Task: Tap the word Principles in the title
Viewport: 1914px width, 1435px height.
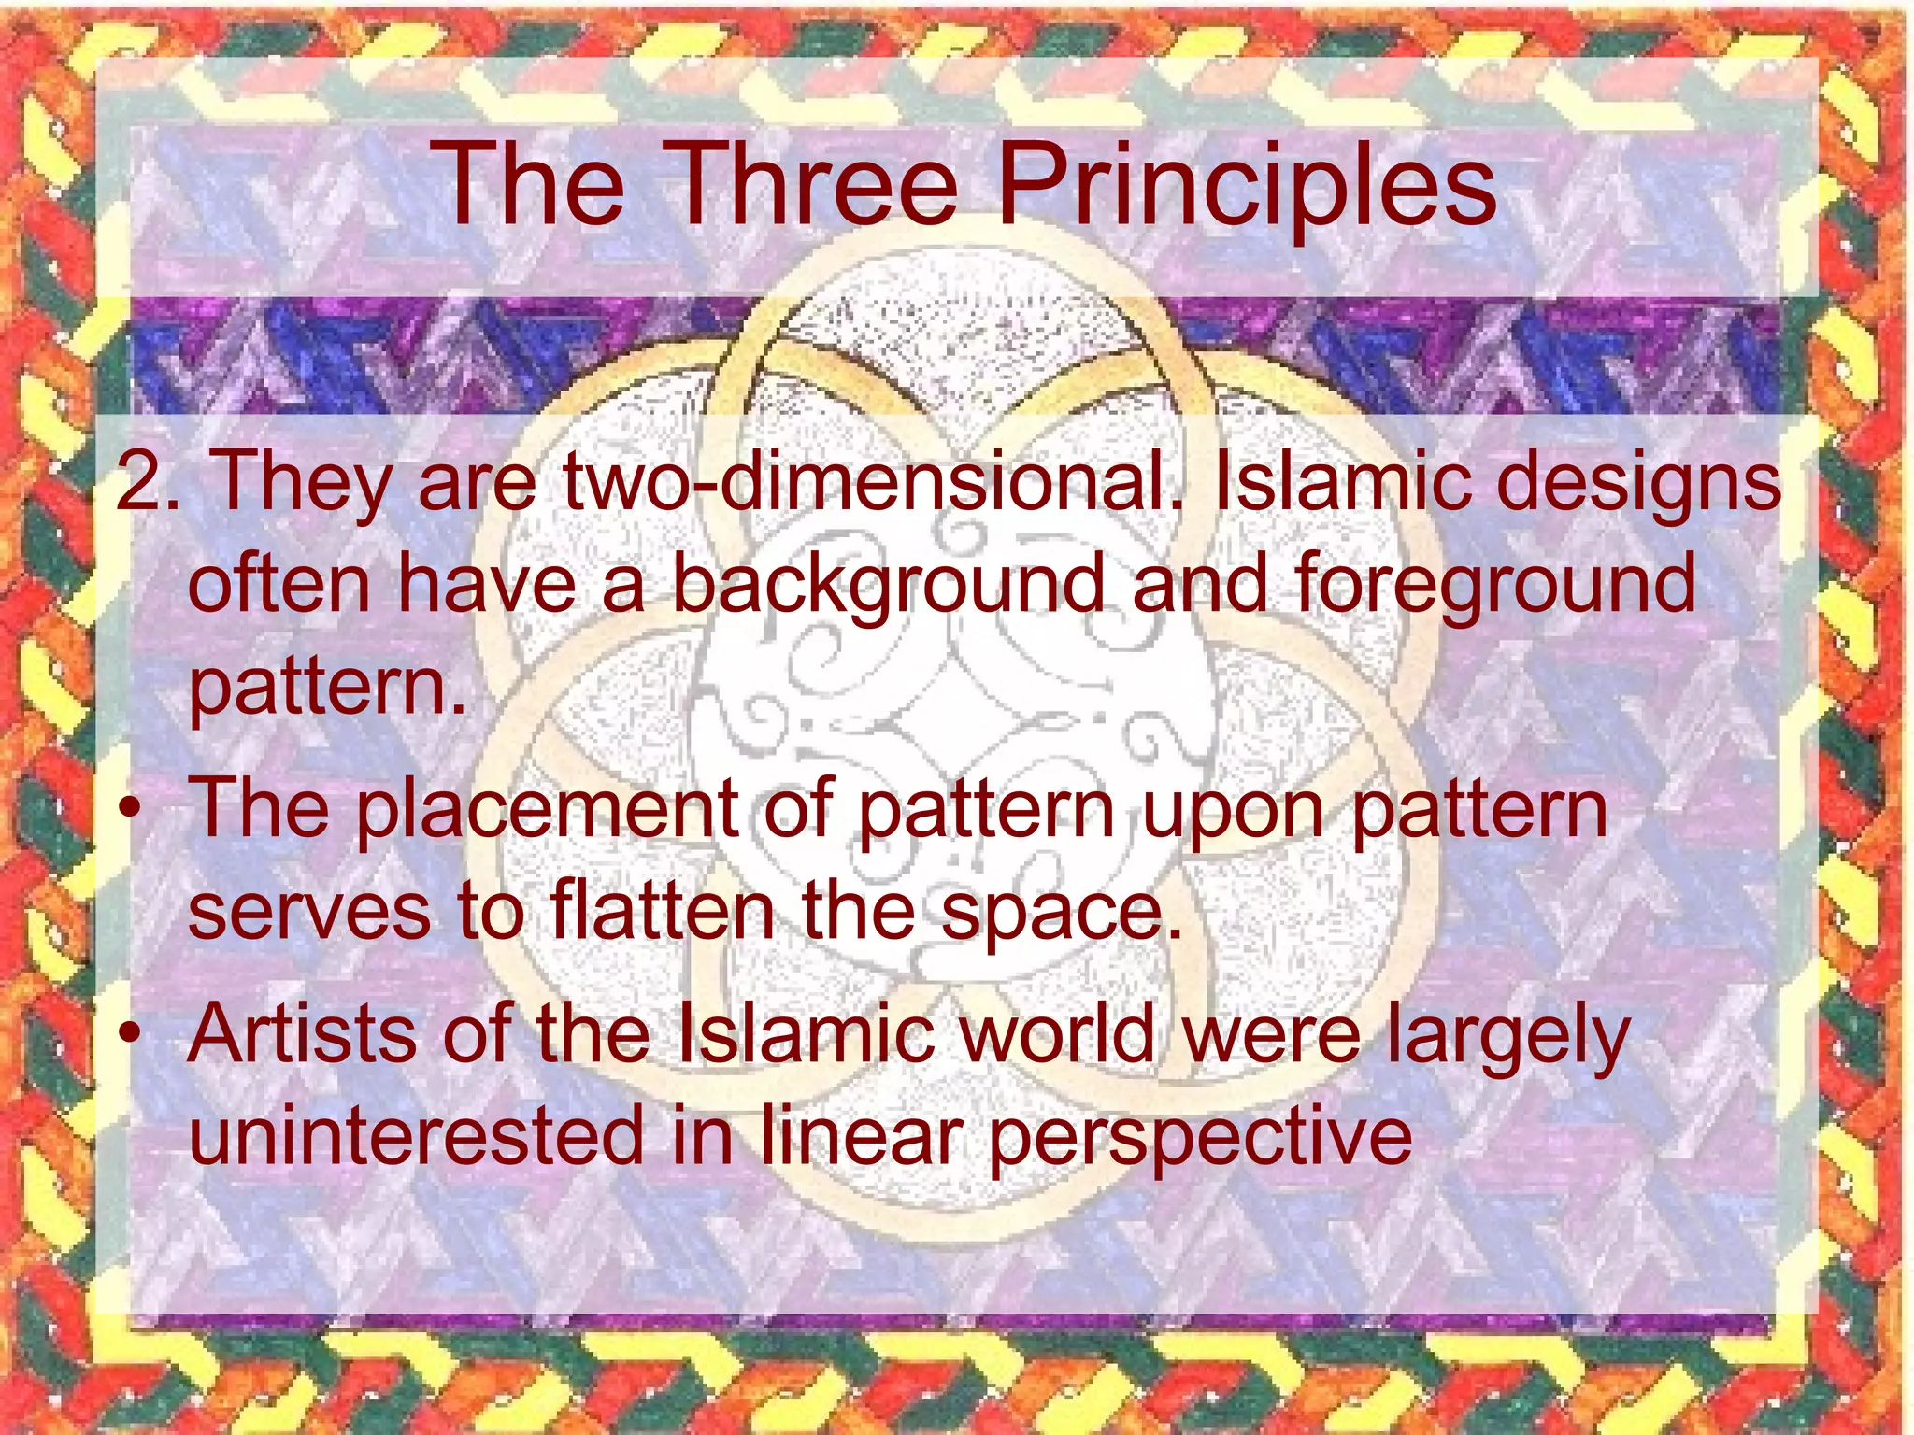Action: pos(1247,187)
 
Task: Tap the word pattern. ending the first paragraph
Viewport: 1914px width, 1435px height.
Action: pos(327,687)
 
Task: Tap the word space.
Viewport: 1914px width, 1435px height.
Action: pos(1062,914)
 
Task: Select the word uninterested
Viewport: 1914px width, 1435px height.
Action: pos(417,1134)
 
